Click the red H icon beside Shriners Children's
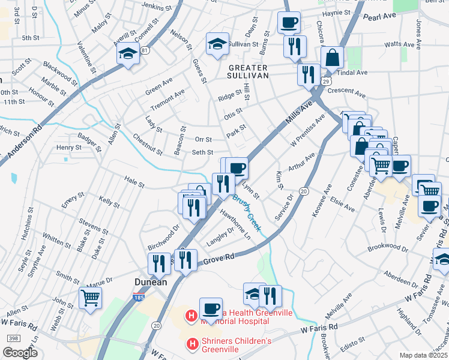[x=192, y=344]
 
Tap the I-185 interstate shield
[x=137, y=295]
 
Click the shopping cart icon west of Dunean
[x=90, y=297]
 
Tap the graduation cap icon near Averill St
[x=128, y=54]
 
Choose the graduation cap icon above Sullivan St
[x=217, y=43]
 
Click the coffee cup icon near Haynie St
[x=288, y=23]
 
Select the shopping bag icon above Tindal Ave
[x=332, y=58]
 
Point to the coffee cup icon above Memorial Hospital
[x=211, y=308]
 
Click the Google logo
[x=20, y=353]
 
